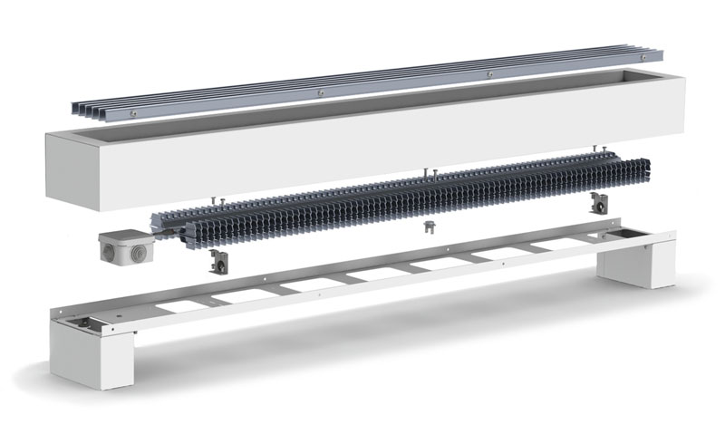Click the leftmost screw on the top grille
point(133,112)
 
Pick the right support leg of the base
point(645,261)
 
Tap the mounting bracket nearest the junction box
point(217,263)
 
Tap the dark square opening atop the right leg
point(625,234)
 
